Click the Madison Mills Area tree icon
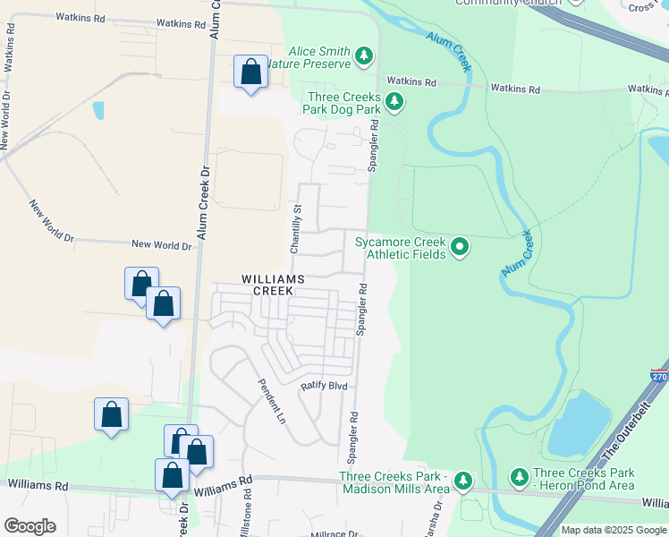click(x=462, y=481)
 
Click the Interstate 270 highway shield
click(x=659, y=378)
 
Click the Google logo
click(x=30, y=526)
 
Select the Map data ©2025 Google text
click(x=613, y=530)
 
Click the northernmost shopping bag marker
click(x=251, y=72)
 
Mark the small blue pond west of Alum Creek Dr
click(x=97, y=110)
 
